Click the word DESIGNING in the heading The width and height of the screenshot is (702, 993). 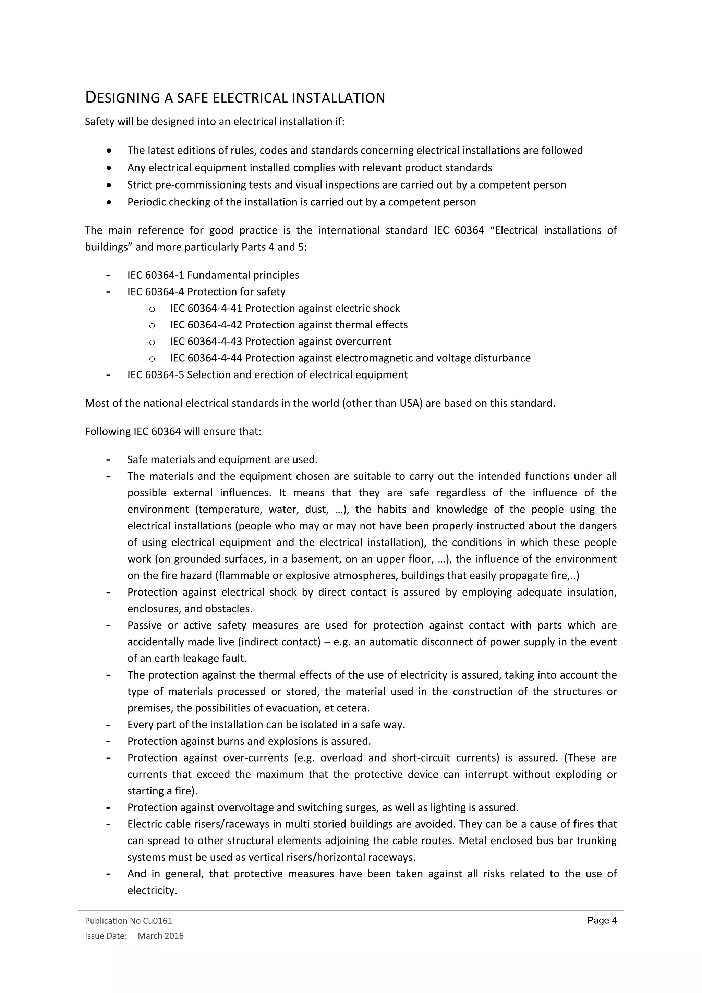point(123,98)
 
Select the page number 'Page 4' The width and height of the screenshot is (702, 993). point(602,920)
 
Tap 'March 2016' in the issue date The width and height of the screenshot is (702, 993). point(160,936)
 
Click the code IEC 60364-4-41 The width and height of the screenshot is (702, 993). point(206,308)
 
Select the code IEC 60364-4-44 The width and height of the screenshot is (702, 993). point(206,358)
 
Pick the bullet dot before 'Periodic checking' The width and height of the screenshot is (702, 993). point(109,202)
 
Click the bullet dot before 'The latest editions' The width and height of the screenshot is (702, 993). point(109,151)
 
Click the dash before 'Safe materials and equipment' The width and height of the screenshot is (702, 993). point(108,459)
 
